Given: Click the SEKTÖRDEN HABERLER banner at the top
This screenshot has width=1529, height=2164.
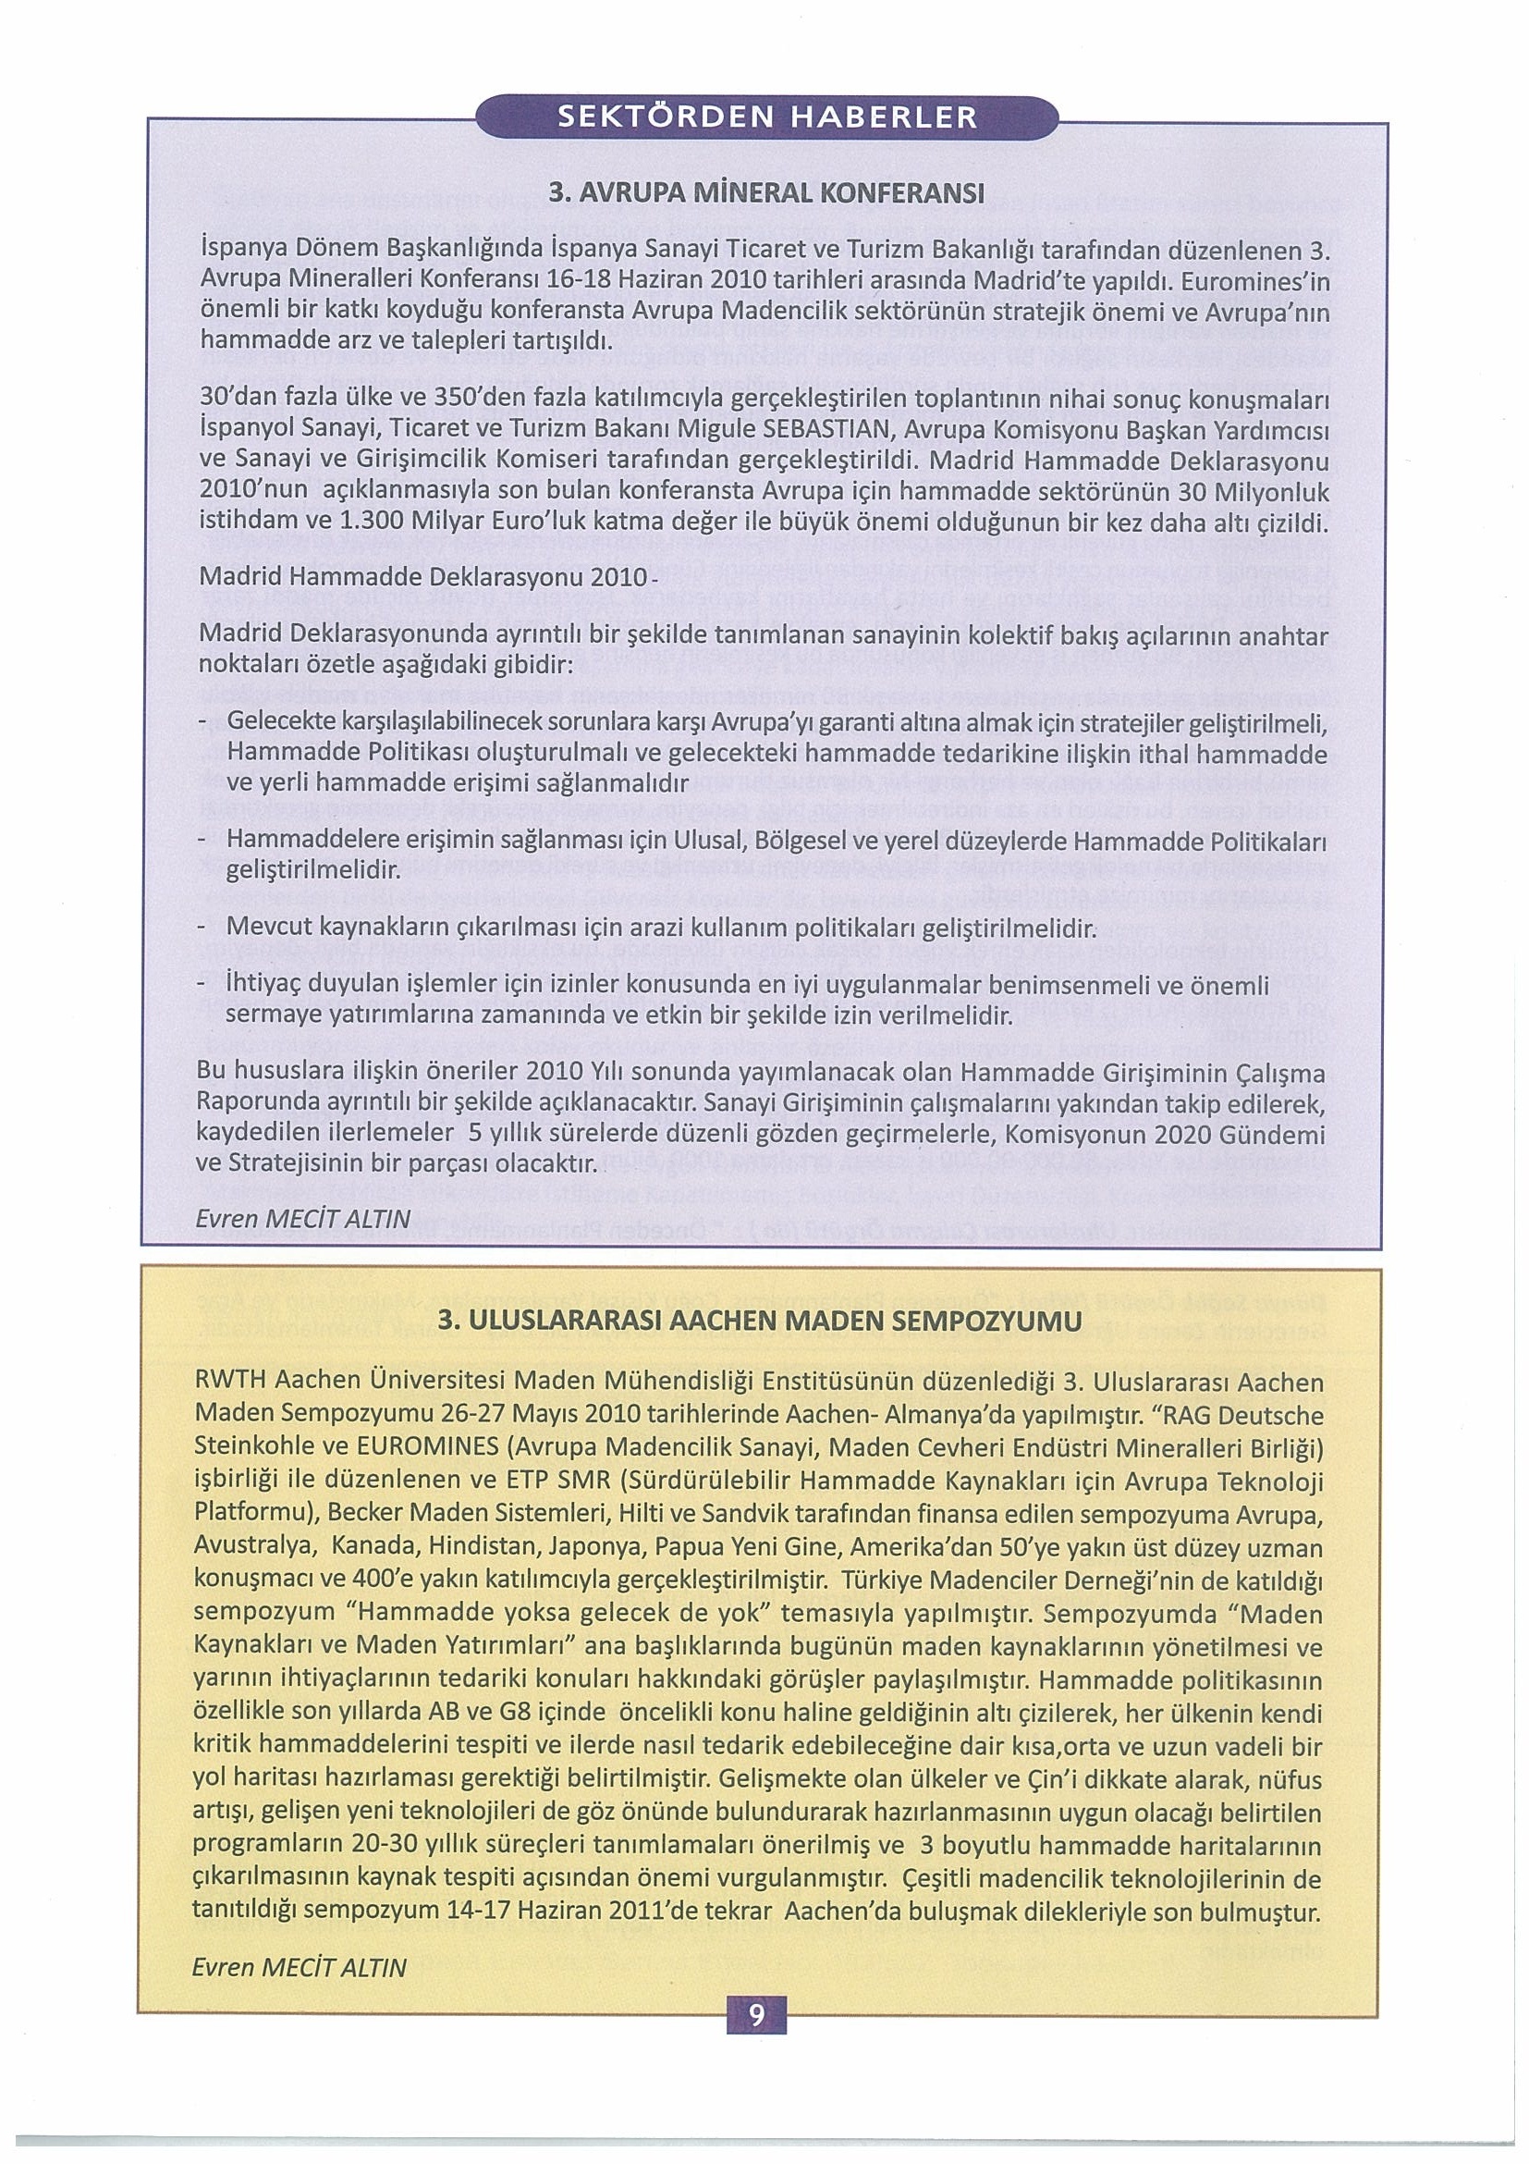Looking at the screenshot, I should [767, 117].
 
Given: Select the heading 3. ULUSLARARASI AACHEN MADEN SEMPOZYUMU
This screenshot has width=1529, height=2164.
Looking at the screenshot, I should [760, 1322].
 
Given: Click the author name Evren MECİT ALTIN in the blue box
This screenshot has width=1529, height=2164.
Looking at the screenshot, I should [302, 1219].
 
